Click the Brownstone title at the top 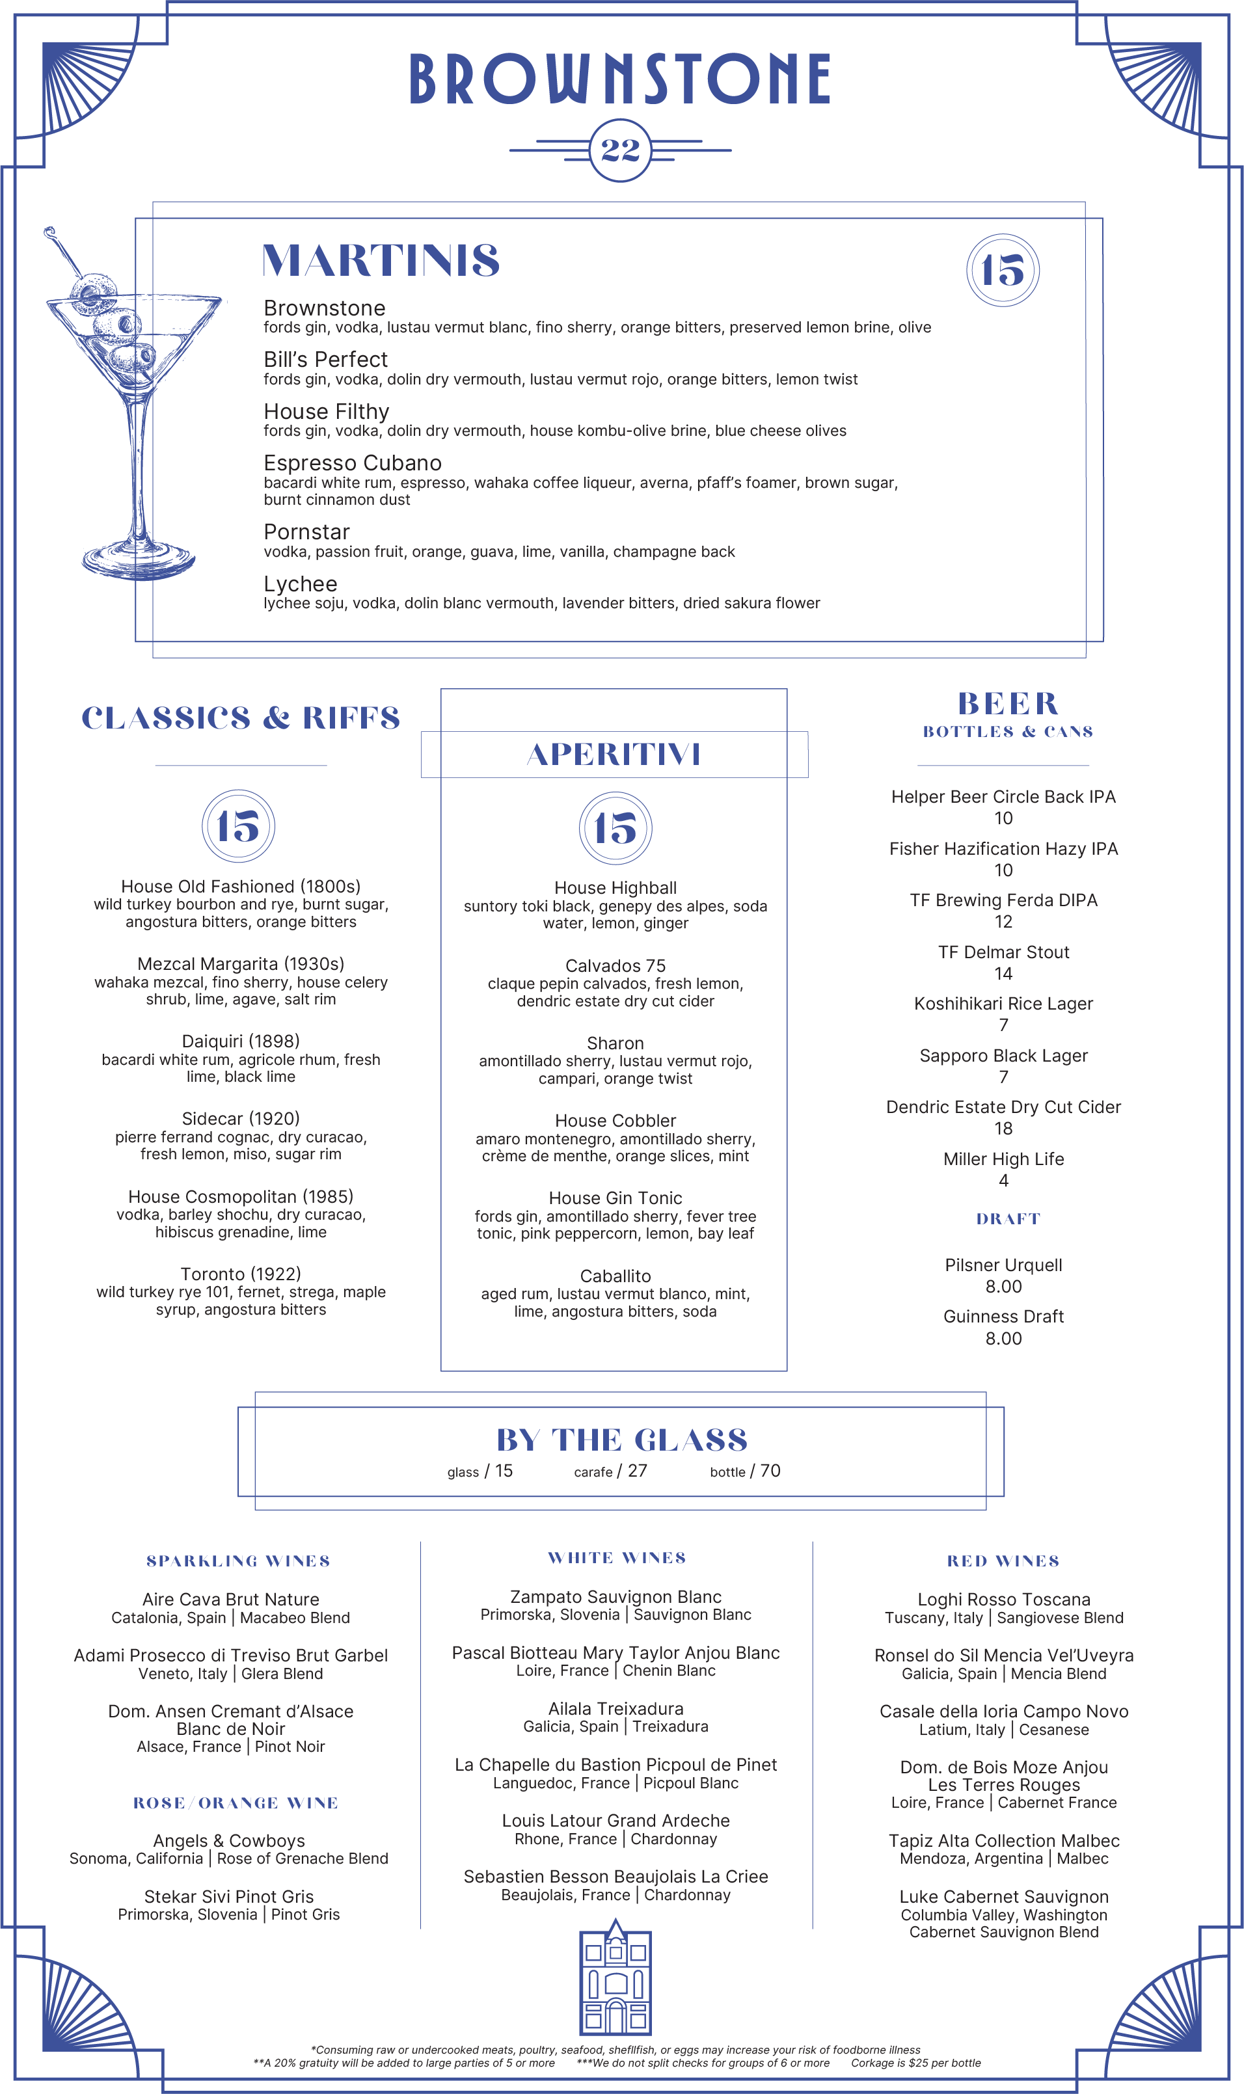(620, 79)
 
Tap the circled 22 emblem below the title (620, 151)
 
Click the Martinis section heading (381, 261)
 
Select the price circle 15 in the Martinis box (1003, 270)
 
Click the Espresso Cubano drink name (352, 463)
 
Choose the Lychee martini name (300, 584)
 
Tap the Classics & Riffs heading (241, 718)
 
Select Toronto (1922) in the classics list (241, 1274)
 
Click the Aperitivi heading (614, 754)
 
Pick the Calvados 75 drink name (615, 965)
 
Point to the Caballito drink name (615, 1276)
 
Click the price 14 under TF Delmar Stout (1003, 974)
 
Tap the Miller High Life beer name (1003, 1159)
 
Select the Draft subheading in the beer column (1008, 1219)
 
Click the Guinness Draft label (1003, 1317)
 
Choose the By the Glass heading (621, 1440)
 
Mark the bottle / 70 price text (744, 1471)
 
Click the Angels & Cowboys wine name (229, 1841)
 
